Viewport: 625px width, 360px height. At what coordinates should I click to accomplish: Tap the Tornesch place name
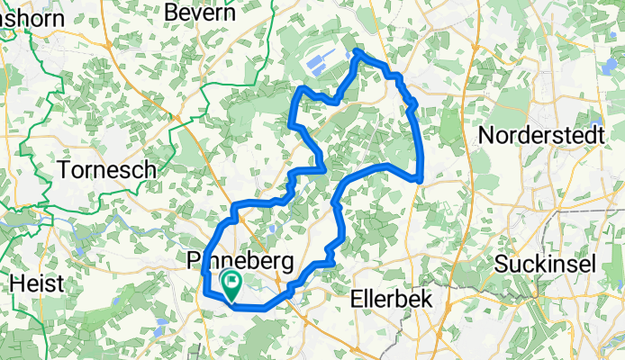[x=106, y=169]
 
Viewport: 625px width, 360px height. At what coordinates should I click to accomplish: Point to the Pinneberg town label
[x=240, y=262]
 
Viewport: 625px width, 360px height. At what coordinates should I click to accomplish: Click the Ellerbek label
[x=392, y=298]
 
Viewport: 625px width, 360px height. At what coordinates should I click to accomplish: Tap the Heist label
[x=36, y=283]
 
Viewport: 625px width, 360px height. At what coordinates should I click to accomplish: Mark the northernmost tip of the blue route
[x=358, y=52]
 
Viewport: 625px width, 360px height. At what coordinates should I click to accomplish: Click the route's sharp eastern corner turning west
[x=420, y=179]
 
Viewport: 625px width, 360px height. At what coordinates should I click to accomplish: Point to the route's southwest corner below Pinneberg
[x=206, y=292]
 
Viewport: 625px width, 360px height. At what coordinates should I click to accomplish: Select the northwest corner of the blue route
[x=300, y=89]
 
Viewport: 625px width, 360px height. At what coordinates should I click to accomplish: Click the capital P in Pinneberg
[x=190, y=262]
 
